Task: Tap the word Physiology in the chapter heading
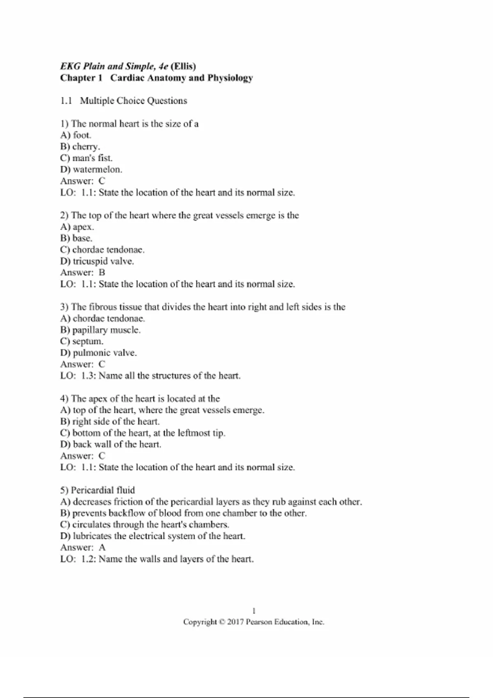[230, 78]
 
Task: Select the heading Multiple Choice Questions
[133, 101]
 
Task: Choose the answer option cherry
[86, 147]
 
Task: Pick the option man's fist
[92, 158]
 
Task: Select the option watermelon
[97, 170]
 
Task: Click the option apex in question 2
[83, 227]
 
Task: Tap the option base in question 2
[82, 238]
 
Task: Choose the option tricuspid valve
[103, 261]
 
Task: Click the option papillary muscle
[106, 330]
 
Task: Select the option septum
[88, 341]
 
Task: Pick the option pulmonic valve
[104, 353]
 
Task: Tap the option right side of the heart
[116, 421]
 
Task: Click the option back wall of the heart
[117, 444]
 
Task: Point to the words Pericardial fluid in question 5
[103, 490]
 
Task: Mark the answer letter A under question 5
[102, 547]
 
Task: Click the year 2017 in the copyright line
[235, 622]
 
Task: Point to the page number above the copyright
[254, 611]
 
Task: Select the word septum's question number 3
[64, 307]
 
